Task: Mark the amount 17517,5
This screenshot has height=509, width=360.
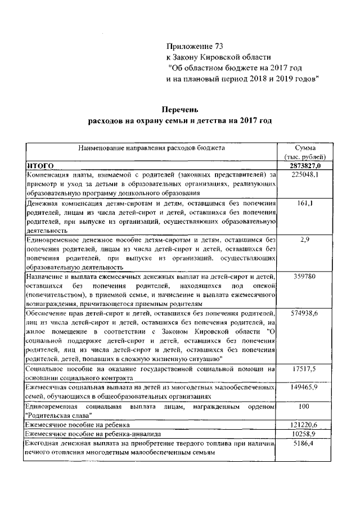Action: pyautogui.click(x=306, y=369)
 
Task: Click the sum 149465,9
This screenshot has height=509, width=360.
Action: pyautogui.click(x=306, y=388)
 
